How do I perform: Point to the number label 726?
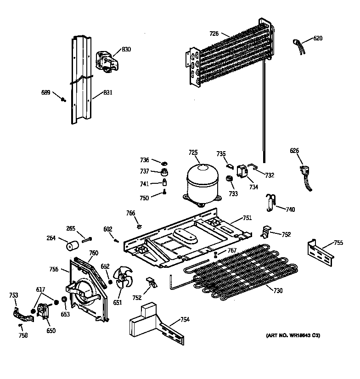coord(214,34)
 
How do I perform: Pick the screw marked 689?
coord(63,98)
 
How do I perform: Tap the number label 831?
coord(108,92)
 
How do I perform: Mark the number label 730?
coord(278,290)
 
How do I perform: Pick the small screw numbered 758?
coord(21,326)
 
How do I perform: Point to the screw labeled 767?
coord(215,254)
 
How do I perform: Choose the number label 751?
coord(247,218)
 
